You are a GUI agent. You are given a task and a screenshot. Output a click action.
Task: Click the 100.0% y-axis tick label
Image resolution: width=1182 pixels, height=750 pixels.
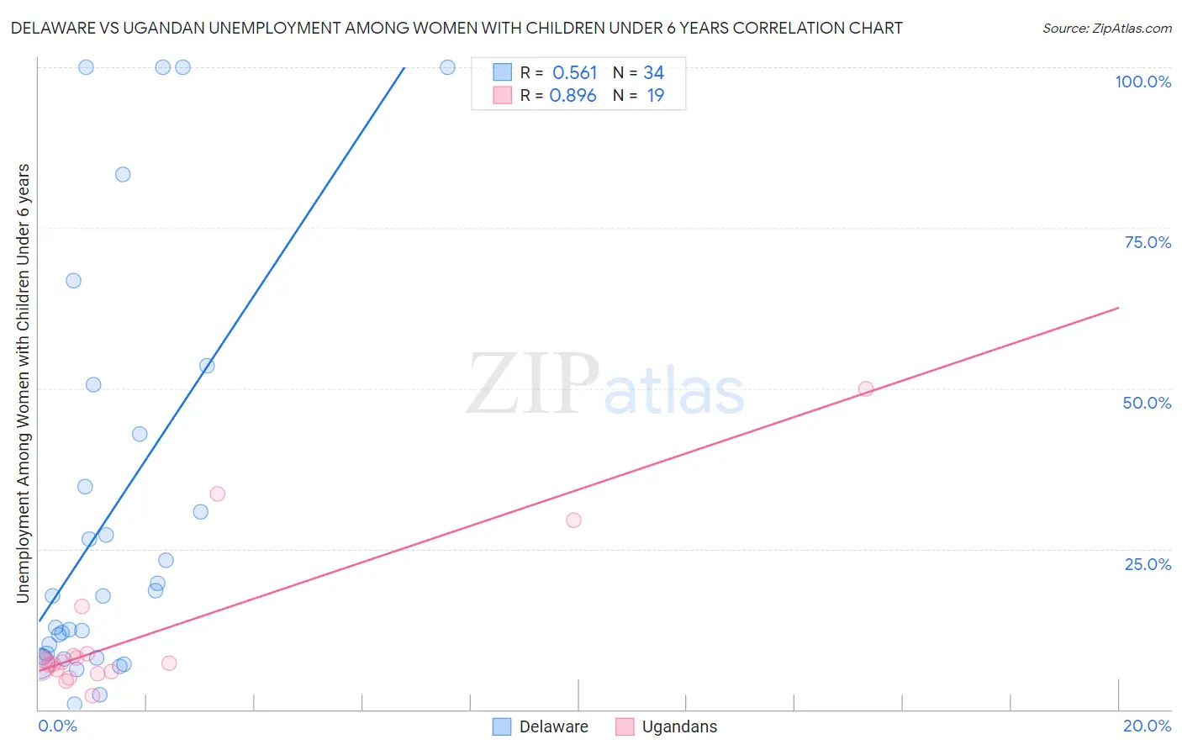coord(1143,82)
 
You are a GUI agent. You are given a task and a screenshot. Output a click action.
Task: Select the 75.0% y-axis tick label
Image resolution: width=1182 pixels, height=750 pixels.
coord(1148,242)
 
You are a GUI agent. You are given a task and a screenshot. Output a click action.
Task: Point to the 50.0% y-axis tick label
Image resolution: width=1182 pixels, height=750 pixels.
coord(1147,404)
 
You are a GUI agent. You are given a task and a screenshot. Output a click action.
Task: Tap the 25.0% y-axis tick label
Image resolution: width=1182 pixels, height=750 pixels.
coord(1148,564)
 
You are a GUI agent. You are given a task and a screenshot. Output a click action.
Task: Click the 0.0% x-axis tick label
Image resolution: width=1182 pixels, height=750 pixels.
coord(57,726)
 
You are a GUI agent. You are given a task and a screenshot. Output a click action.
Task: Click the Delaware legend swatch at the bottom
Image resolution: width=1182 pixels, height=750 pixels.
coord(501,726)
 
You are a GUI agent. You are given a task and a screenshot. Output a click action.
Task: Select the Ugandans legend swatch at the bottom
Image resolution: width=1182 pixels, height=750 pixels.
coord(625,726)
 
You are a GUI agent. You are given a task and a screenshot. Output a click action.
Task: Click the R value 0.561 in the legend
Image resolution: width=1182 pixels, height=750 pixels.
coord(574,72)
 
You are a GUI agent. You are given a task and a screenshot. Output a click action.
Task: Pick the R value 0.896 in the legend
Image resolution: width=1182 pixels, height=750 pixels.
coord(573,96)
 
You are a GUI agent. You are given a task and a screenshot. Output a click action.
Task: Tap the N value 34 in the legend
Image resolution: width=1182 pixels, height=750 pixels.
coord(654,72)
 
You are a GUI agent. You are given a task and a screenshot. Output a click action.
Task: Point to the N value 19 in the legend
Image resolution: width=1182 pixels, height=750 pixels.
coord(656,96)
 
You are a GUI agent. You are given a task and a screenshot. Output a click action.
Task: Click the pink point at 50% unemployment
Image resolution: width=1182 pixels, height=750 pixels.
coord(865,389)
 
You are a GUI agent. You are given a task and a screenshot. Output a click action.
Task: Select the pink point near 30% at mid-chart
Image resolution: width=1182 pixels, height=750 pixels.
coord(573,520)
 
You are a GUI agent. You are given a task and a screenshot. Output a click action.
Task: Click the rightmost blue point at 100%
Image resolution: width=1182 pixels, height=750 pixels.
coord(447,67)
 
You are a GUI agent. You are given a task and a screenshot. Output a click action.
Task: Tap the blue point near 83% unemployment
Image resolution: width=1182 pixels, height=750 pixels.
coord(123,175)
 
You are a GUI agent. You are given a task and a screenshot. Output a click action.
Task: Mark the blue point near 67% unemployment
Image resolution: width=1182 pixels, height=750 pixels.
coord(73,281)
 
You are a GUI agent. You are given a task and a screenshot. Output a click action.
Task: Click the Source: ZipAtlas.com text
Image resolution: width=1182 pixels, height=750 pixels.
coord(1107,28)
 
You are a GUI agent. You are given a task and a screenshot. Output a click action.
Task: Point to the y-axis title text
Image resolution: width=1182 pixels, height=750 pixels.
coord(24,383)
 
